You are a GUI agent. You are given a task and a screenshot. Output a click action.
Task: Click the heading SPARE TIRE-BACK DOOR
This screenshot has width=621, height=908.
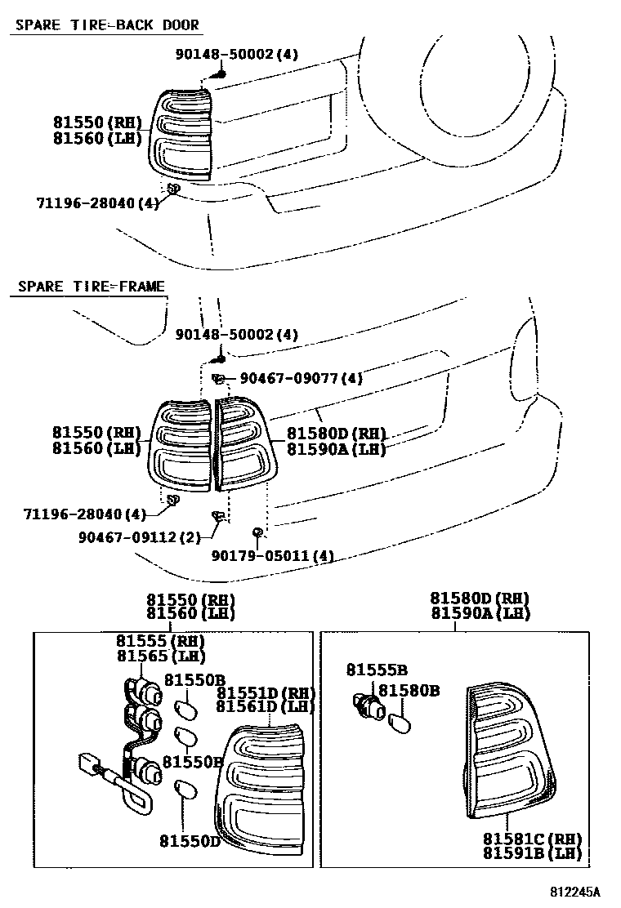[x=107, y=24]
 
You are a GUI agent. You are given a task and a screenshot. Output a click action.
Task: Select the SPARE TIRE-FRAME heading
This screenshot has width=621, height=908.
[x=91, y=287]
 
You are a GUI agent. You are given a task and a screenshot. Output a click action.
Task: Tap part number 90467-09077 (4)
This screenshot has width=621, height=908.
[x=302, y=378]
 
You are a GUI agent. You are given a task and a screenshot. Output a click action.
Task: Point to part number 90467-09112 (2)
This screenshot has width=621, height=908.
[x=140, y=537]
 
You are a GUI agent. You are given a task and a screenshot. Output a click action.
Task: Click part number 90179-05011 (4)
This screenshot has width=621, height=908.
[x=273, y=556]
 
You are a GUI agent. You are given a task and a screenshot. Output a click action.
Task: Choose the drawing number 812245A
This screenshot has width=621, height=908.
[x=575, y=891]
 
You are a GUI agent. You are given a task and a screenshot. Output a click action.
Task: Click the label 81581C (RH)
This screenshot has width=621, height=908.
[x=533, y=839]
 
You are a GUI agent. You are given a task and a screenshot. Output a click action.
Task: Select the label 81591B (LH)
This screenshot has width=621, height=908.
[x=533, y=853]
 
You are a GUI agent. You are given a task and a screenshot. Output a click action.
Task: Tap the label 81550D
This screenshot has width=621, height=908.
[x=190, y=841]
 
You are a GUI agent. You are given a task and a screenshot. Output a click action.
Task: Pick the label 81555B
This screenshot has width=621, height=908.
[x=378, y=670]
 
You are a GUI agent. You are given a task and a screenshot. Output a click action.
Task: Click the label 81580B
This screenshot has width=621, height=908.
[x=409, y=690]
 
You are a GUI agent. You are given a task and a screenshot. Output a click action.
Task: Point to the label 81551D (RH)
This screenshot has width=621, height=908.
[x=266, y=692]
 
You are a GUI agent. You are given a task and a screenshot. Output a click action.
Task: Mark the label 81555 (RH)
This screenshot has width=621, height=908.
[x=161, y=641]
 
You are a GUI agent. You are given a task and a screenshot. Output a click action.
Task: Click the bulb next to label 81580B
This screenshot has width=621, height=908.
[x=400, y=723]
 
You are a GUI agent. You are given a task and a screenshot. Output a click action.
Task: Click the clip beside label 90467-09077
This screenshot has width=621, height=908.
[x=219, y=379]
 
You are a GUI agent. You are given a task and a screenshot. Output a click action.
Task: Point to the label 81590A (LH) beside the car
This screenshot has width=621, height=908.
[x=336, y=449]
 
